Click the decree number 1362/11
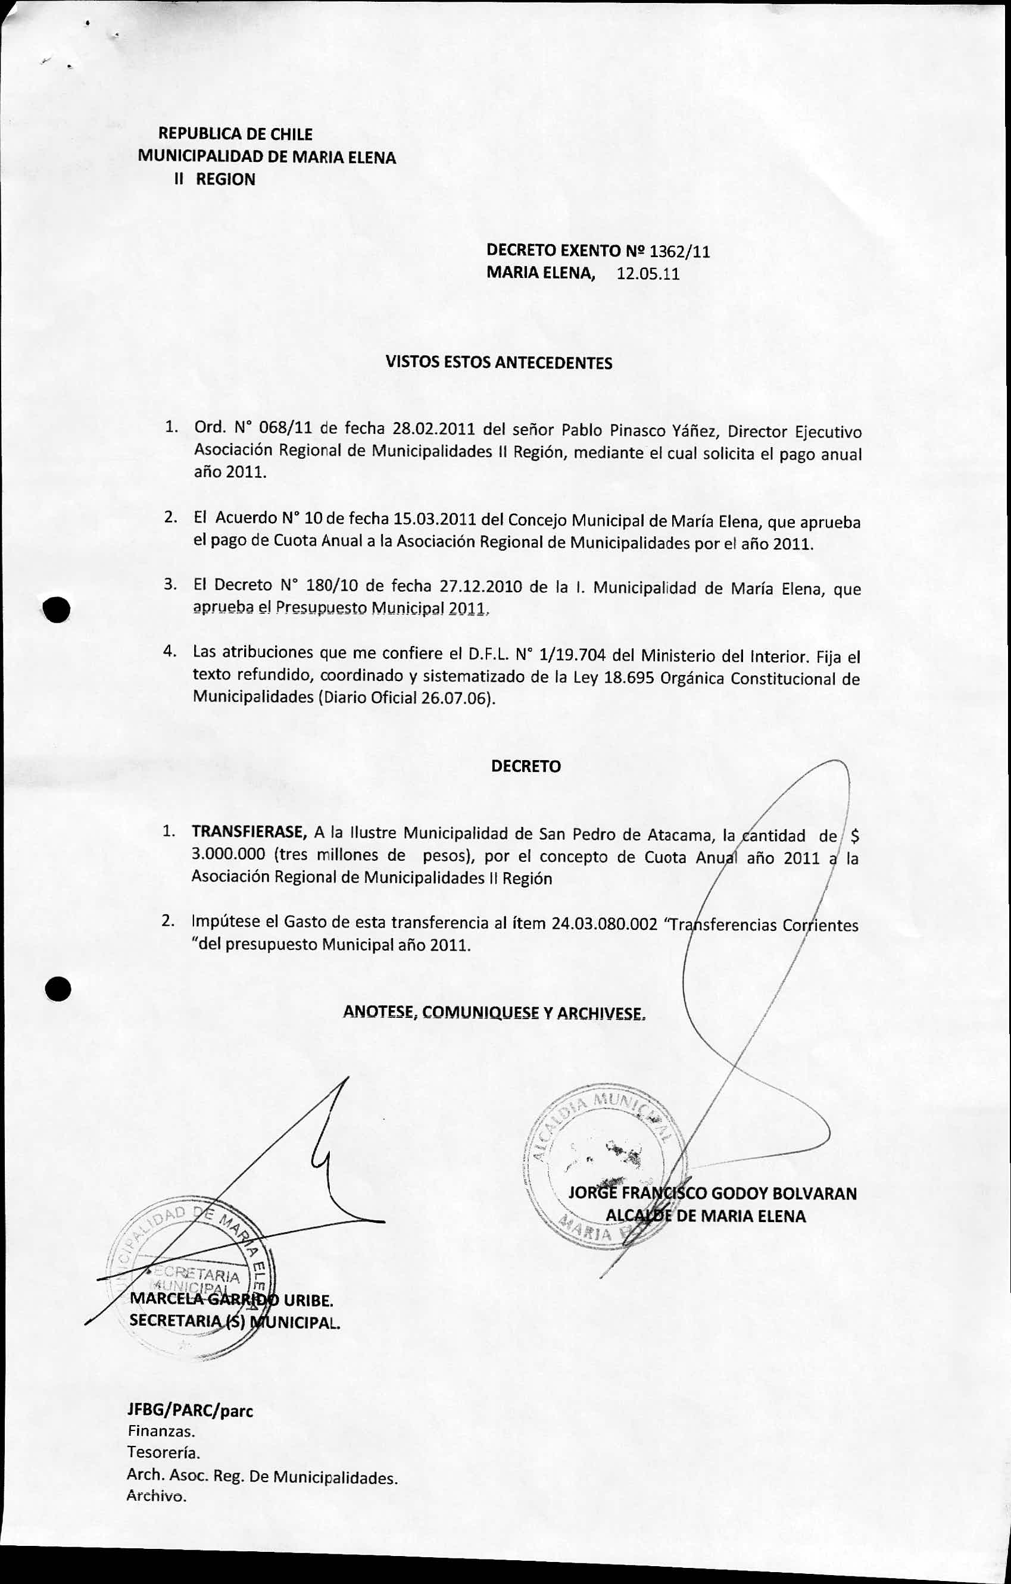(x=679, y=251)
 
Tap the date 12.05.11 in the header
(x=648, y=274)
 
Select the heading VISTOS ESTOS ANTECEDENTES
(x=498, y=363)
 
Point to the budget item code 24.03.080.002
(x=604, y=924)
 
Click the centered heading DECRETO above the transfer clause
(x=526, y=766)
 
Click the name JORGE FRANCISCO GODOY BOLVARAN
(x=712, y=1194)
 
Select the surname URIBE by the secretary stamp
(x=308, y=1300)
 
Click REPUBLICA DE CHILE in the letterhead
(x=235, y=134)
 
